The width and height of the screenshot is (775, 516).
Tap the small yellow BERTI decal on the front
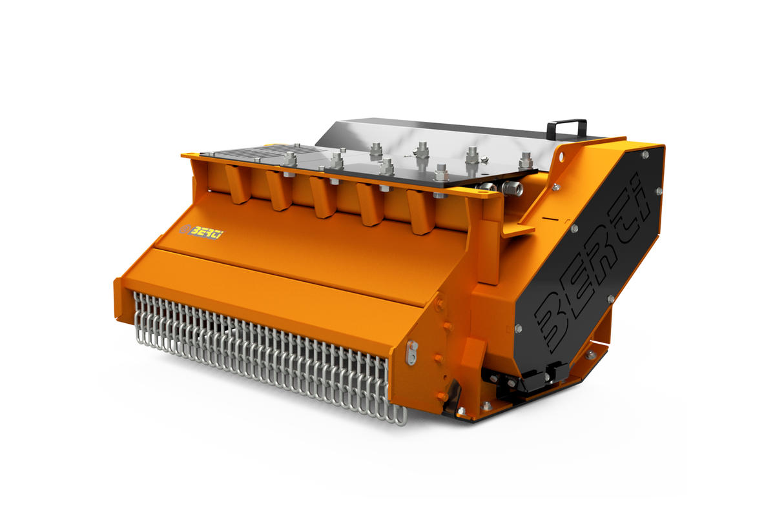click(201, 232)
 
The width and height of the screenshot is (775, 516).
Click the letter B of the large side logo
click(554, 321)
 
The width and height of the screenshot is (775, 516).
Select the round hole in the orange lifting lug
click(561, 157)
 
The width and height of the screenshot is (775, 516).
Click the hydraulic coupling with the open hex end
click(511, 187)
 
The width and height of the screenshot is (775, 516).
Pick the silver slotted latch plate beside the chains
click(412, 353)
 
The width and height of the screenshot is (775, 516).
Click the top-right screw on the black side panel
click(645, 155)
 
